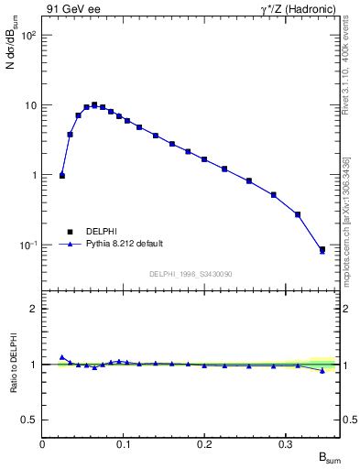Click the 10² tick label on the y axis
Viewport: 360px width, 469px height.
[x=27, y=35]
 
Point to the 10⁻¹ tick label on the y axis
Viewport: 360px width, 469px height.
[x=27, y=245]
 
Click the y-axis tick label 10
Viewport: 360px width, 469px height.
[x=30, y=105]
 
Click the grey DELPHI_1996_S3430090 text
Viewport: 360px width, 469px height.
[x=191, y=274]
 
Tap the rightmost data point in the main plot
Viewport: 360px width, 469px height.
[x=322, y=249]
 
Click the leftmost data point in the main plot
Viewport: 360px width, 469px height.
[x=62, y=175]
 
